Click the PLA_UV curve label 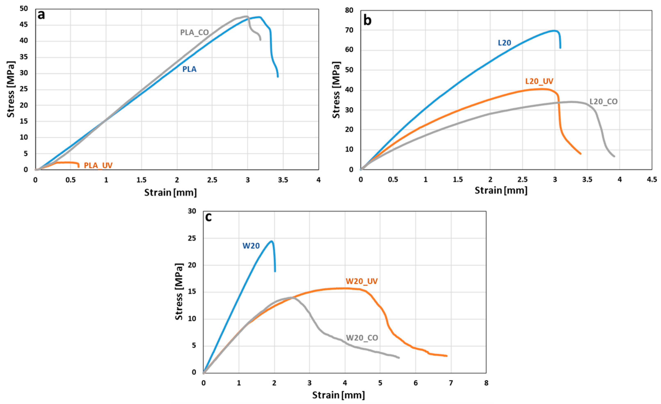(x=98, y=165)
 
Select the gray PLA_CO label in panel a (x=194, y=32)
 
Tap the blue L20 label (x=504, y=43)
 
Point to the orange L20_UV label (x=539, y=81)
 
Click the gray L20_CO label (x=603, y=101)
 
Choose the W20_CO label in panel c (x=362, y=338)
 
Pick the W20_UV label (x=361, y=281)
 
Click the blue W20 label (x=251, y=246)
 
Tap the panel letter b (x=367, y=20)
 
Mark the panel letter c (x=208, y=217)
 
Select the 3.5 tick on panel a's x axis (x=283, y=180)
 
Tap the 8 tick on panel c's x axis (x=486, y=383)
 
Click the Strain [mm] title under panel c (x=338, y=395)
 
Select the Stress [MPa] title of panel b (x=336, y=90)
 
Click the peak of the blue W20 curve (x=272, y=241)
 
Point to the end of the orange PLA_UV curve (x=78, y=167)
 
